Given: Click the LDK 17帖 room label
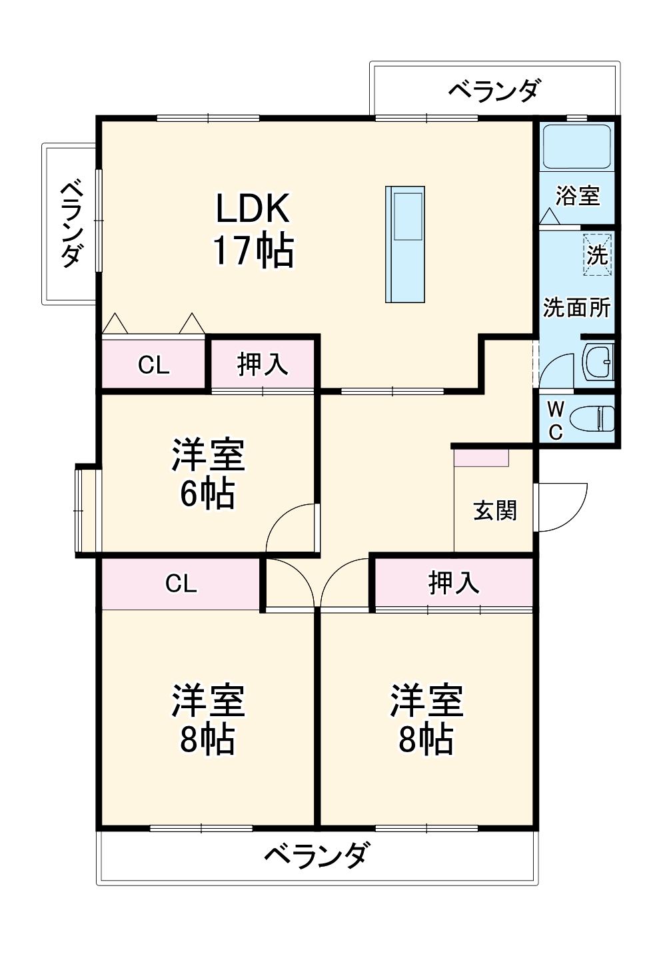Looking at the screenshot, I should pyautogui.click(x=253, y=229).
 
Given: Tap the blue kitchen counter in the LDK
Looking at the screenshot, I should pyautogui.click(x=404, y=244).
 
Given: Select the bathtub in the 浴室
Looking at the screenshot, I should pyautogui.click(x=576, y=147).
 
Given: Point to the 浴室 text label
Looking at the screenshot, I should pyautogui.click(x=577, y=196).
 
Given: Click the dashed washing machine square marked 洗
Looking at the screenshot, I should pyautogui.click(x=597, y=254).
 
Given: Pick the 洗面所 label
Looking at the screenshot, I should pyautogui.click(x=576, y=308).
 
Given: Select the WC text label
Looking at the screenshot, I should pyautogui.click(x=555, y=420).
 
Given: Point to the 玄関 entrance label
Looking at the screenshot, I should pyautogui.click(x=494, y=511).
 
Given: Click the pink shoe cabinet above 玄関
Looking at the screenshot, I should pyautogui.click(x=481, y=458).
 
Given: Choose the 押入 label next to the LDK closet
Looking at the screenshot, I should pyautogui.click(x=263, y=364).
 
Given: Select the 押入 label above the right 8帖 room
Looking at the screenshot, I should pyautogui.click(x=453, y=583).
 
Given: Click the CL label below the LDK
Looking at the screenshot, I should pyautogui.click(x=154, y=365).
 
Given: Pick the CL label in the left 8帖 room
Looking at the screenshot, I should pyautogui.click(x=181, y=584).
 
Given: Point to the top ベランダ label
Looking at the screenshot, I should pyautogui.click(x=494, y=89).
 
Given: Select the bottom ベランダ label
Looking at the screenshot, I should pyautogui.click(x=316, y=855).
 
